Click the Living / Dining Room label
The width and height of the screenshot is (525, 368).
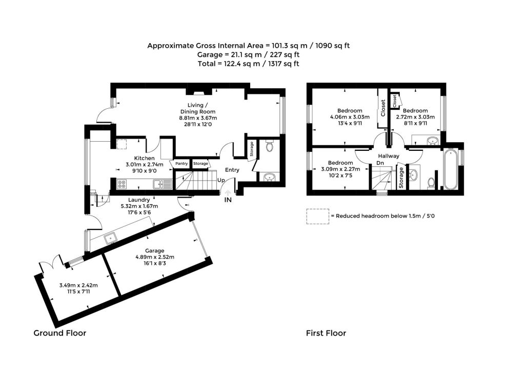pos(197,108)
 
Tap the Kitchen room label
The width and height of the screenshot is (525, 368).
pos(145,158)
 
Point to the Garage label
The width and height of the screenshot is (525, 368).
pos(154,250)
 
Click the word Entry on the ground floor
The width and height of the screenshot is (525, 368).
pos(232,170)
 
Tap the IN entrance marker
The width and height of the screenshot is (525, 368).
pos(228,200)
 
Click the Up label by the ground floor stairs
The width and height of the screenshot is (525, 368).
pos(221,180)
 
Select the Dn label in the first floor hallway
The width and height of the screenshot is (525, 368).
pos(380,163)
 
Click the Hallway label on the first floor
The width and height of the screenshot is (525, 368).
pos(389,156)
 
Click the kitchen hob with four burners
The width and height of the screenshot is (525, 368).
pos(123,183)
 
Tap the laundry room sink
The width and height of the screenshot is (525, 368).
pos(110,238)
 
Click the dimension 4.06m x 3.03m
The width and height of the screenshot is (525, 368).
pos(350,117)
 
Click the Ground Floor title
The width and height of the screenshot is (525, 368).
pos(60,333)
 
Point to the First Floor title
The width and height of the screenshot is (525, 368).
pos(326,333)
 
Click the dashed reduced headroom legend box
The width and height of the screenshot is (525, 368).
pos(317,216)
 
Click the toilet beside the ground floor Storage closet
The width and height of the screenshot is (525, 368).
pos(270,147)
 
